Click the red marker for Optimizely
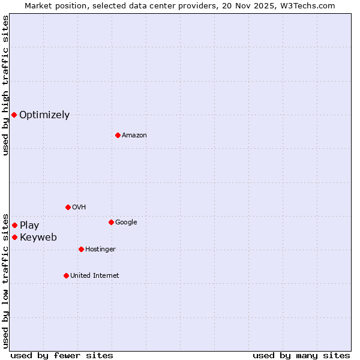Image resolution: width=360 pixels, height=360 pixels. [14, 115]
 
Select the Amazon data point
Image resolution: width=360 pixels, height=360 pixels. [118, 135]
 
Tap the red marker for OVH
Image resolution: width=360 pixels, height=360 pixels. [68, 207]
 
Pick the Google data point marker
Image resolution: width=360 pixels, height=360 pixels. [111, 222]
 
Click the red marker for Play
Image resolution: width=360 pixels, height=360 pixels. [14, 225]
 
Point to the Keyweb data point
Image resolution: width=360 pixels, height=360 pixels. [14, 237]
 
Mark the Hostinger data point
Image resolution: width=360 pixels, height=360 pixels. [81, 249]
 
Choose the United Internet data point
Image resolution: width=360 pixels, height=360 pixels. [66, 275]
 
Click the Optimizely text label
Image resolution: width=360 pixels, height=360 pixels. [44, 115]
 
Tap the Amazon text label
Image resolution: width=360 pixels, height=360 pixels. [134, 136]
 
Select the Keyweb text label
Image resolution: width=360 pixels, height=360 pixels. [38, 238]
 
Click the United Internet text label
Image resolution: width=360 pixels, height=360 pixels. [95, 276]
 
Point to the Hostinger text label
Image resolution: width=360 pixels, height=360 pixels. [100, 250]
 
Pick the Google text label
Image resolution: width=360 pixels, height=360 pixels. [126, 223]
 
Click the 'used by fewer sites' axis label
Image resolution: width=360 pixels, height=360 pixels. [62, 355]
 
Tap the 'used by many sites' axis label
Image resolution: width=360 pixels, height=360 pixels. [301, 355]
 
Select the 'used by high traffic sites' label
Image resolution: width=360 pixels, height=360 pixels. [5, 85]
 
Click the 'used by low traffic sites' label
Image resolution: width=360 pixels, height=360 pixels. [5, 280]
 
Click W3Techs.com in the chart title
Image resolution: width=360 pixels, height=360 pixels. [308, 5]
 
